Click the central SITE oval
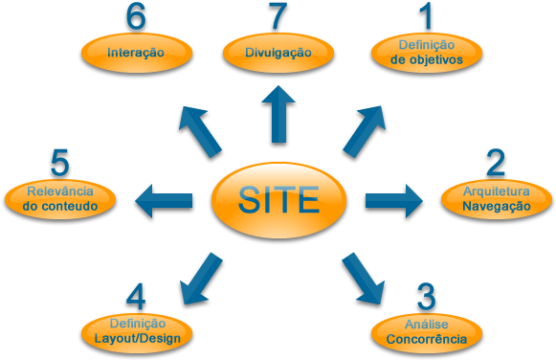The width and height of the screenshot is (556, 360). [278, 201]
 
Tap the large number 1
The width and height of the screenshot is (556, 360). [425, 17]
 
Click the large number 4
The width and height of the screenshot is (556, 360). [137, 298]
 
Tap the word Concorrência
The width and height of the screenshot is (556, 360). [427, 340]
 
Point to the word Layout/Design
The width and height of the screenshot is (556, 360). [137, 338]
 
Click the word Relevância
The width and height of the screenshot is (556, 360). [60, 191]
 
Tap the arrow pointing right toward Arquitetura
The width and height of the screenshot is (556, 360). [393, 201]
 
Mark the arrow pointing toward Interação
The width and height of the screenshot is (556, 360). [198, 134]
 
